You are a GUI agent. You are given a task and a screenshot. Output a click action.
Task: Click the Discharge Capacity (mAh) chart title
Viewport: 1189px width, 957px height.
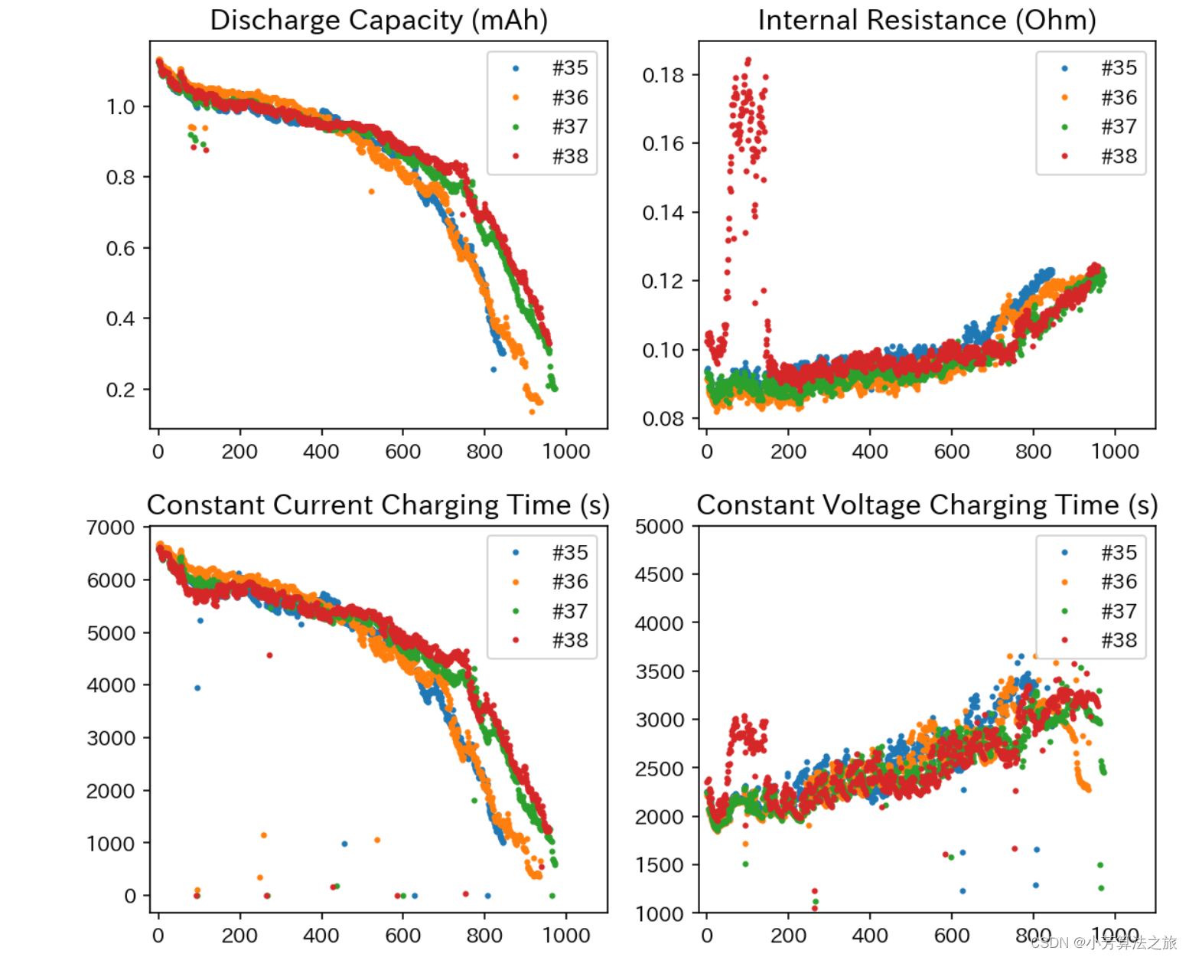pyautogui.click(x=379, y=20)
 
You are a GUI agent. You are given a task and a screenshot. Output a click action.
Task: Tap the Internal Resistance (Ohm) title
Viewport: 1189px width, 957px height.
pyautogui.click(x=927, y=20)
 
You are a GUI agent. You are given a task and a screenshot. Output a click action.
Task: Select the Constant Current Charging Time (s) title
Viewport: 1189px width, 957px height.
pyautogui.click(x=378, y=505)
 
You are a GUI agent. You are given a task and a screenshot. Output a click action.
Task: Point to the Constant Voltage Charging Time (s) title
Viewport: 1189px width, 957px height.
pyautogui.click(x=927, y=505)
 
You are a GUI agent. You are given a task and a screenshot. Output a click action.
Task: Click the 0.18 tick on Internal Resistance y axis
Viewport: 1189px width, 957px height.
pyautogui.click(x=663, y=75)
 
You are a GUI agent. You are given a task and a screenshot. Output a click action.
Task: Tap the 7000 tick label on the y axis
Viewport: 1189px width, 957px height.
pyautogui.click(x=111, y=527)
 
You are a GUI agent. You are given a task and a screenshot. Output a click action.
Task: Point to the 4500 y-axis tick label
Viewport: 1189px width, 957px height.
pyautogui.click(x=660, y=575)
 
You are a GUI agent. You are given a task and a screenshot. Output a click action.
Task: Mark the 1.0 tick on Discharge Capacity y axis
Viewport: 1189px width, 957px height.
pyautogui.click(x=121, y=107)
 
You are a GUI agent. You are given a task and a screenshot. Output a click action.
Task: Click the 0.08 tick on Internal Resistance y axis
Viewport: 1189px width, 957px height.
pyautogui.click(x=663, y=419)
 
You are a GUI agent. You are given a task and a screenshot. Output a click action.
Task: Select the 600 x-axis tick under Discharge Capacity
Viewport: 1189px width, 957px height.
pyautogui.click(x=402, y=452)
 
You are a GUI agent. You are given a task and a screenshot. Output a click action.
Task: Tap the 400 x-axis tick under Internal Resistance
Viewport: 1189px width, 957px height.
pyautogui.click(x=870, y=452)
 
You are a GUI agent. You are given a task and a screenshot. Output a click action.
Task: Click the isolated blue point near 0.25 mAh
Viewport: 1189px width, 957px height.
pyautogui.click(x=494, y=369)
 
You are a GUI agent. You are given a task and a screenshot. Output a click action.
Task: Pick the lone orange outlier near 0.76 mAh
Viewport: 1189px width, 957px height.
pyautogui.click(x=372, y=191)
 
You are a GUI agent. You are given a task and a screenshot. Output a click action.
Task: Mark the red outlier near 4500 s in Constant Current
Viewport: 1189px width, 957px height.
pyautogui.click(x=269, y=655)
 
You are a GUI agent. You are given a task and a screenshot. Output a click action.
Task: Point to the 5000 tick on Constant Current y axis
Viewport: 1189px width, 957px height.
pyautogui.click(x=111, y=633)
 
